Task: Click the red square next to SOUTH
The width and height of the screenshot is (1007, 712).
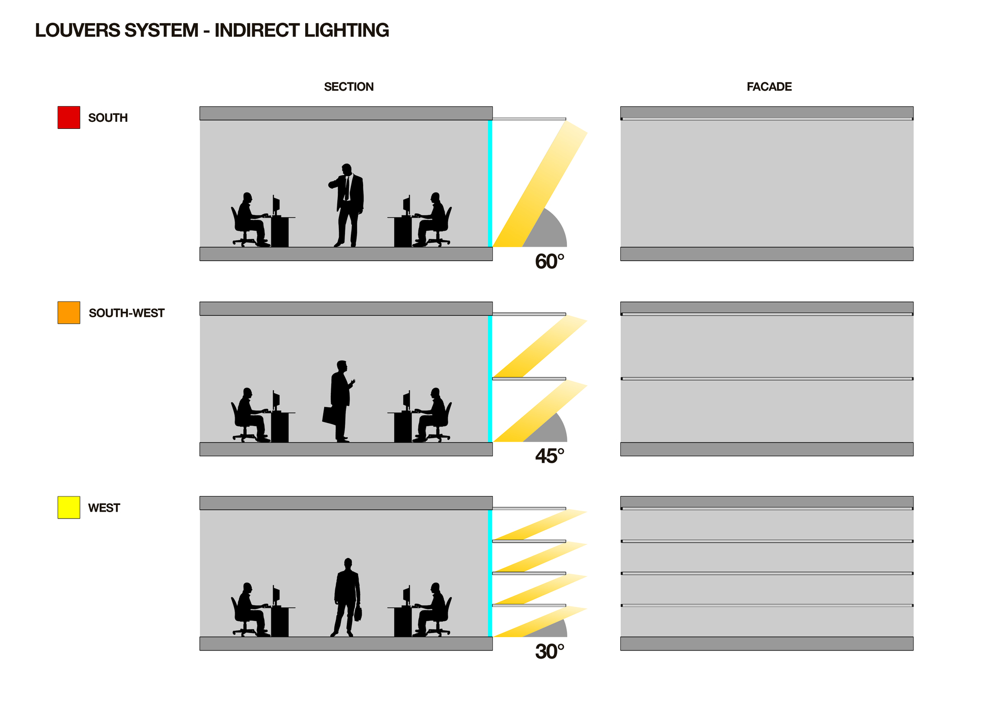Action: (x=69, y=117)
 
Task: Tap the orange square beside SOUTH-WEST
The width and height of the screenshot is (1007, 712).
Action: (x=69, y=313)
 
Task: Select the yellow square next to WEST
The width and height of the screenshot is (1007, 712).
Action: (x=69, y=508)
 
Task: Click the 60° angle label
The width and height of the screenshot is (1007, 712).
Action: (x=549, y=262)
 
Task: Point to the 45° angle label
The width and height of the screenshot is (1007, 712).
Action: (x=549, y=456)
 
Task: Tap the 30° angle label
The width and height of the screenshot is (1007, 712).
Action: (x=549, y=652)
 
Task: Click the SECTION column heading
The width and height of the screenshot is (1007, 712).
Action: (x=349, y=87)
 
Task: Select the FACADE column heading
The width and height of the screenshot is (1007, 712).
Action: (x=769, y=87)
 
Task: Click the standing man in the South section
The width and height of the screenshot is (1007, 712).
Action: (x=346, y=205)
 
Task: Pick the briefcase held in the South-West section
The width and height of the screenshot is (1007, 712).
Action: (x=329, y=415)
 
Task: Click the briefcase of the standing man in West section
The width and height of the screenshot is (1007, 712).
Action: (x=358, y=613)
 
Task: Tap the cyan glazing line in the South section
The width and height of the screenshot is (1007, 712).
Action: (x=490, y=183)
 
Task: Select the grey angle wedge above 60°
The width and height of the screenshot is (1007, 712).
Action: (x=546, y=229)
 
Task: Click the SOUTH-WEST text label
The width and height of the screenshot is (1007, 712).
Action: (x=126, y=313)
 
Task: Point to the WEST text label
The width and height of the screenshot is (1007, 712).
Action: (x=104, y=508)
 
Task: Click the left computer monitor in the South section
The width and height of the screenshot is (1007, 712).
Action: (x=276, y=205)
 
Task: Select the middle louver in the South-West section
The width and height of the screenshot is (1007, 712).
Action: (x=529, y=379)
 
